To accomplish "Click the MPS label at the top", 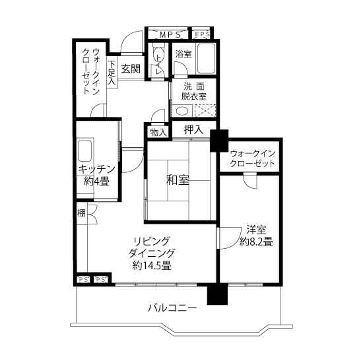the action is click(170, 35).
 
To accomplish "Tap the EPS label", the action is click(203, 34).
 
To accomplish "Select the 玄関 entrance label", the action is click(131, 69).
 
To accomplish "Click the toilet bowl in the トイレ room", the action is click(158, 55).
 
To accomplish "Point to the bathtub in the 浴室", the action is click(206, 59).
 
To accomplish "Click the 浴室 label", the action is click(183, 54).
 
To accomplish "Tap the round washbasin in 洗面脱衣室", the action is click(182, 111).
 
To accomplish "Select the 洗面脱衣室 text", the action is click(194, 92).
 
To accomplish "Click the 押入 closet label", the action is click(194, 129).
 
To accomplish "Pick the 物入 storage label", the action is click(158, 133).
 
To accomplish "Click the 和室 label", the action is click(178, 180).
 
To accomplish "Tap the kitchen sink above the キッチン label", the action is click(84, 151).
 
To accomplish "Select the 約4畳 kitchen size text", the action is click(96, 181).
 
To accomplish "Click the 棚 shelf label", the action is click(81, 213).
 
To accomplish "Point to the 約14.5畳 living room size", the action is click(152, 265).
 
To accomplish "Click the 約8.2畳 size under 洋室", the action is click(256, 242).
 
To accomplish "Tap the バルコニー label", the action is click(172, 308).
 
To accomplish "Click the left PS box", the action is click(83, 280).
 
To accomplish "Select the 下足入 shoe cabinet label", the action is click(112, 73).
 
